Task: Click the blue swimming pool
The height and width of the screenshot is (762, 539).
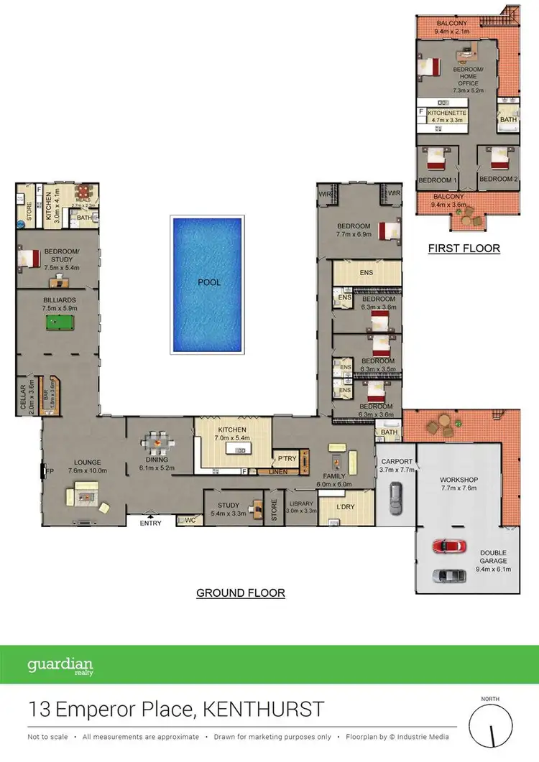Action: tap(206, 284)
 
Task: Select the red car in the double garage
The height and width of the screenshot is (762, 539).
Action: tap(449, 546)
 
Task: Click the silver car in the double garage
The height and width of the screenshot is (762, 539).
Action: tap(449, 575)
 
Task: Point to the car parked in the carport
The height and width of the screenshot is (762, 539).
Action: tap(395, 497)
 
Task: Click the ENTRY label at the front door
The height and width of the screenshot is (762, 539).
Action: tap(150, 523)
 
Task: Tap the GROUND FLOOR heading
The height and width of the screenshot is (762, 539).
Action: tap(241, 593)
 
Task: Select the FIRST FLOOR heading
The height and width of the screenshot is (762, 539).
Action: tap(464, 248)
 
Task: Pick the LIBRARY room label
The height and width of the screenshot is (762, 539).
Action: tap(300, 504)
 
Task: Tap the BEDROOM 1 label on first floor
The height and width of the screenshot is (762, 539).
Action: tap(437, 180)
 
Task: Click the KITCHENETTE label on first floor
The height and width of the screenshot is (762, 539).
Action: tap(447, 113)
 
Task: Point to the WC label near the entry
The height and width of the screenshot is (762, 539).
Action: tap(190, 520)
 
